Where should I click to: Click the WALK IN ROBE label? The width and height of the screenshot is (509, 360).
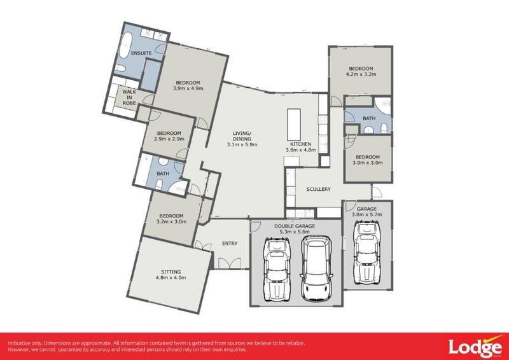coord(129,97)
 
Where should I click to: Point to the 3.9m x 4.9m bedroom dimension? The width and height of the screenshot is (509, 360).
coord(188,89)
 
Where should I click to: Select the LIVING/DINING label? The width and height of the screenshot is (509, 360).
coord(242,135)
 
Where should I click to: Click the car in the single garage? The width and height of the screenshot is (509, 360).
coord(367,255)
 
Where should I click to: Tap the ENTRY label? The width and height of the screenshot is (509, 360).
coord(230,243)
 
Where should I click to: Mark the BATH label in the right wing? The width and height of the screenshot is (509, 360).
coord(369,118)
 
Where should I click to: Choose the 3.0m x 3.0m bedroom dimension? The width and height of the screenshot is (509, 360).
coord(367,163)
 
